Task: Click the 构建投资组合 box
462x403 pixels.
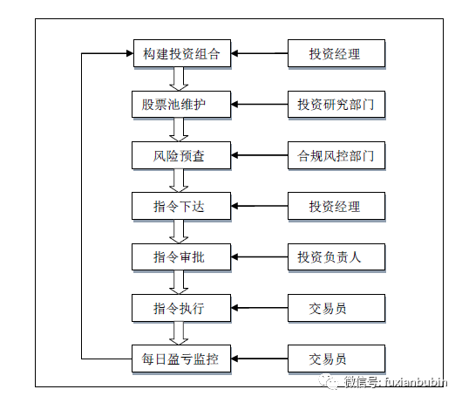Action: coord(182,53)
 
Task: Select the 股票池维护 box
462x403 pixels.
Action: coord(181,105)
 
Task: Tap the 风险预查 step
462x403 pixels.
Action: coord(181,155)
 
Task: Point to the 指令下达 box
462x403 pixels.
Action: coord(181,206)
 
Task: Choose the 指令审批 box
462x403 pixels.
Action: coord(181,257)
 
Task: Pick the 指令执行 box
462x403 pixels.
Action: coord(181,308)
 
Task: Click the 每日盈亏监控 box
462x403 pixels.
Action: coord(181,359)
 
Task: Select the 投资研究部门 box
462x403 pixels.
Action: coord(336,105)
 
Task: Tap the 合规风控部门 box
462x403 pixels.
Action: coord(336,155)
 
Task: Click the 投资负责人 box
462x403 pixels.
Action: coord(336,257)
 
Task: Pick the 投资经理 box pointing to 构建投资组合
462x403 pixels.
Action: coord(336,53)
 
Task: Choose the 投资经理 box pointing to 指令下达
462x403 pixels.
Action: coord(336,206)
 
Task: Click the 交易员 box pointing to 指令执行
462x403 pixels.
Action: coord(336,308)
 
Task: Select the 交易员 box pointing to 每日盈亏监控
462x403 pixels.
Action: coord(336,359)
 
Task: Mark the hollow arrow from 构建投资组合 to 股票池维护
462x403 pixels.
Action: coord(179,79)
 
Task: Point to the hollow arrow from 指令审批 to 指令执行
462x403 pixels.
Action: coord(179,283)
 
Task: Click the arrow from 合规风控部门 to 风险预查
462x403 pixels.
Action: coord(259,155)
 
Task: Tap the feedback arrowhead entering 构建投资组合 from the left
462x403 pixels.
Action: coord(130,53)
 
